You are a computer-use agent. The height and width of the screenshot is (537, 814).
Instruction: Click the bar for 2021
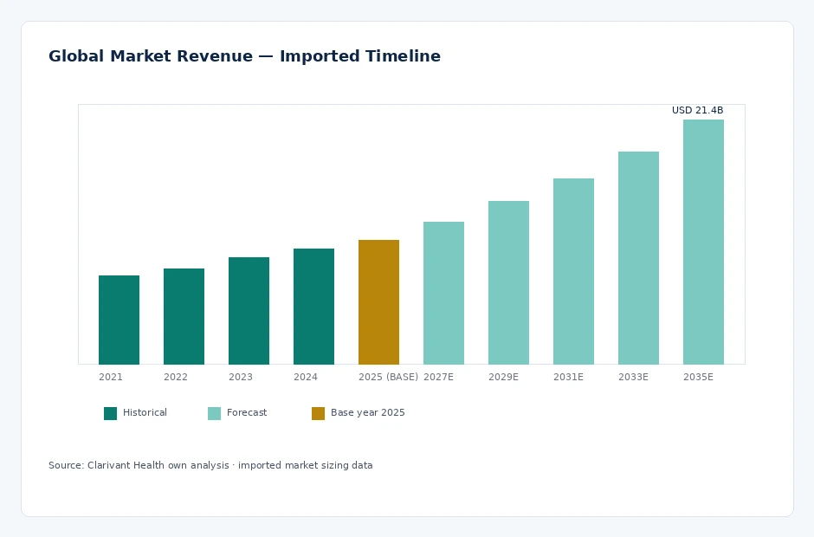point(119,320)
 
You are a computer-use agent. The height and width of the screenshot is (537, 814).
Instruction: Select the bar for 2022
point(184,316)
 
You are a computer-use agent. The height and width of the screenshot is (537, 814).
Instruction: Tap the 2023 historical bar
point(249,311)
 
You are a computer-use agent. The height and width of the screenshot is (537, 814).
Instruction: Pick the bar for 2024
point(313,307)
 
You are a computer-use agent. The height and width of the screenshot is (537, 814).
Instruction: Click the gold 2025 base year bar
point(379,302)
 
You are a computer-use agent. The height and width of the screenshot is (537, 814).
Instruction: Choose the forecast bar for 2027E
point(444,293)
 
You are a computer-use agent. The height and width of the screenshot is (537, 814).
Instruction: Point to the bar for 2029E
point(509,282)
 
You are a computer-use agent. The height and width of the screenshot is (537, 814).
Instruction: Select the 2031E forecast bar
point(573,272)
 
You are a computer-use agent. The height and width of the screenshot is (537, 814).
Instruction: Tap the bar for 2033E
point(638,258)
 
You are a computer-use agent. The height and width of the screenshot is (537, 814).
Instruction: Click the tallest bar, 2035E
point(703,242)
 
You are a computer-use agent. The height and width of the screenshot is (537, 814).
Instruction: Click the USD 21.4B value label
point(697,110)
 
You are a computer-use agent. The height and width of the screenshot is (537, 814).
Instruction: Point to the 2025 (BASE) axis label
point(388,377)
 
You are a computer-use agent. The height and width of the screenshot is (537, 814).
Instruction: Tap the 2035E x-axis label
point(698,377)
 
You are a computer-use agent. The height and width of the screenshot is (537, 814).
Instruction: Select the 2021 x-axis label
point(111,377)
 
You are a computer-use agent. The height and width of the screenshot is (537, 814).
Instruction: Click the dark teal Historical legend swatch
point(111,413)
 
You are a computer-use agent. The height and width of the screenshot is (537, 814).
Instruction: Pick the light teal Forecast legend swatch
point(215,413)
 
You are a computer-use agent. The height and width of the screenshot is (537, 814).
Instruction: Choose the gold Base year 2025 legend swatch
point(318,413)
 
